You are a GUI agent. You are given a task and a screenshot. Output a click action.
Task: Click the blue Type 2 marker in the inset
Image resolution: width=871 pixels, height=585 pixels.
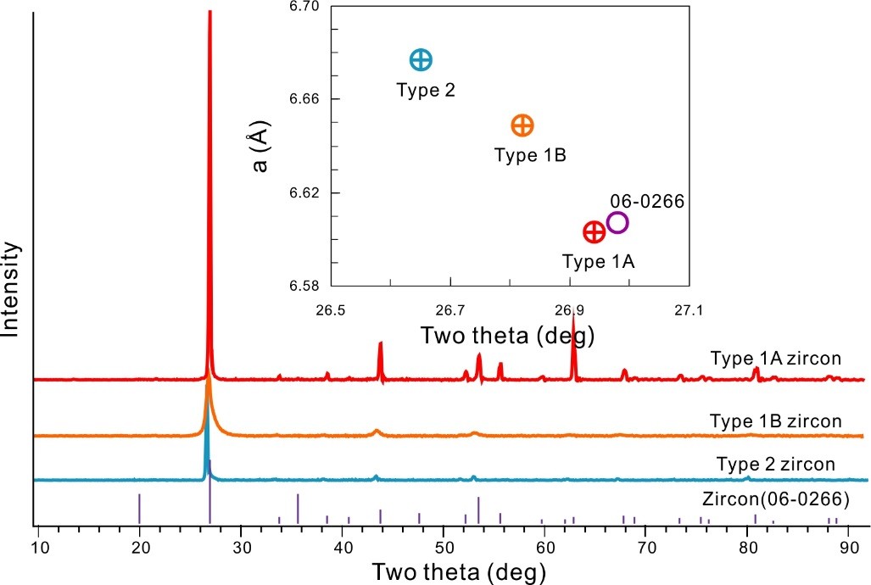click(421, 59)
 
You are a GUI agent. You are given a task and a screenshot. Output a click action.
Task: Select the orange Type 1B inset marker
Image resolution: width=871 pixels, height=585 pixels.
click(522, 125)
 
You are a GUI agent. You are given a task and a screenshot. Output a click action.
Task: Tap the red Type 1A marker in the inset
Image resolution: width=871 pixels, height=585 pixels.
click(594, 231)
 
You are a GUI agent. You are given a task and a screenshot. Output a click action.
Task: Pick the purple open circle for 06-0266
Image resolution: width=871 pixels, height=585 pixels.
click(617, 222)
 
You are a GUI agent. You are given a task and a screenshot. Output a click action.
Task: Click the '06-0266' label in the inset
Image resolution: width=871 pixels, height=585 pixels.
click(647, 201)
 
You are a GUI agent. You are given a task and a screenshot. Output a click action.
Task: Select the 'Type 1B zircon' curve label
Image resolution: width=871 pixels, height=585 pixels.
click(776, 421)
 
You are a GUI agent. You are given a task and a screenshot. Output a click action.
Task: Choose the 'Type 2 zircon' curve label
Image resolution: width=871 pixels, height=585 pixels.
click(776, 464)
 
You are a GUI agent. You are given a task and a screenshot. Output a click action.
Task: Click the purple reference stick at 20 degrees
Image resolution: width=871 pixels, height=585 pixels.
click(140, 508)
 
